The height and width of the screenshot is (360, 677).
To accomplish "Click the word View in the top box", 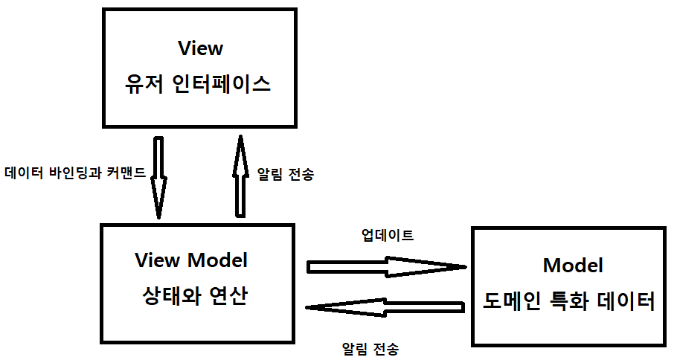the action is [x=201, y=48].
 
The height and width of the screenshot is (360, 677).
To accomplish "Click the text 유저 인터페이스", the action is [x=197, y=83].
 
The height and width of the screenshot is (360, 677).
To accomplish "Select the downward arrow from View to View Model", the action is [x=159, y=177].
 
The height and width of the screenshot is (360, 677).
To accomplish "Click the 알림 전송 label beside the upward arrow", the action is [x=286, y=175].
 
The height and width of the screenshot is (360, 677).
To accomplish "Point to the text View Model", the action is [x=191, y=260].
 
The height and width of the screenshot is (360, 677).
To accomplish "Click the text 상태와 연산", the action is [x=194, y=296].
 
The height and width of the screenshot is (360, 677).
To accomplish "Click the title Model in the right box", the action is [x=573, y=266].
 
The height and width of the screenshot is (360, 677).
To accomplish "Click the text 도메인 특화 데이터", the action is [x=569, y=302].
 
